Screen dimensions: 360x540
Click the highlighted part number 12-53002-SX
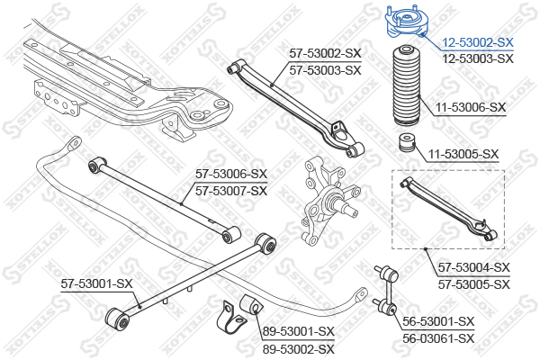478,42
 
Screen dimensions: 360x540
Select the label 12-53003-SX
478,58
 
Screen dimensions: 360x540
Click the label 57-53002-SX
324,54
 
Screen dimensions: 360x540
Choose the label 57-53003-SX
324,69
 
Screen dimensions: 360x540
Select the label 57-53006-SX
232,174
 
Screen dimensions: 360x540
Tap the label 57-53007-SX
232,190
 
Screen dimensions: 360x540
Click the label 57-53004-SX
474,267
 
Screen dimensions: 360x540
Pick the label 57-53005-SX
474,283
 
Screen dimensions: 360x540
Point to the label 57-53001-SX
96,283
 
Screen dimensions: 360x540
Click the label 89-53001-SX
298,331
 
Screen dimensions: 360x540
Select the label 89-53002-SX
298,348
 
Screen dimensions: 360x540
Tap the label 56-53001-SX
438,321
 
